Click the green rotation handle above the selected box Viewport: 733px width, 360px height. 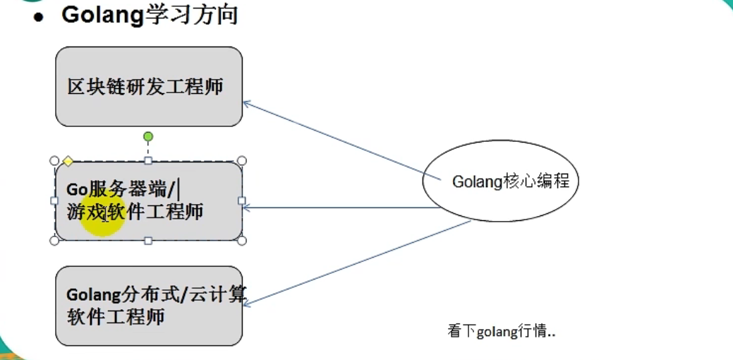coord(148,136)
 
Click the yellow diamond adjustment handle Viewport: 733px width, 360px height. coord(68,161)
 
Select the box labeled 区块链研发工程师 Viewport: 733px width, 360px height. coord(148,87)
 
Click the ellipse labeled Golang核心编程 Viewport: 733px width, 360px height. coord(500,181)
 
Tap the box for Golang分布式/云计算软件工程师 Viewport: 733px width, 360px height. coord(148,306)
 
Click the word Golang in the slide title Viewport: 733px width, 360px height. coord(103,15)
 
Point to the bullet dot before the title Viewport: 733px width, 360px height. coord(39,18)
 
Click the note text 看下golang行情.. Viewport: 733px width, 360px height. coord(501,331)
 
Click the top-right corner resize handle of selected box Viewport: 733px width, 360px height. coord(241,161)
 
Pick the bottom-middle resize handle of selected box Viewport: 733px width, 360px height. coord(148,241)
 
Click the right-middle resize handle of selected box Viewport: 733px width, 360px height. coord(241,200)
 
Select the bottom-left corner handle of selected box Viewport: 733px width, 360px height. coord(54,241)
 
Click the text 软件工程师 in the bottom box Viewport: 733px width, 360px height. coord(116,316)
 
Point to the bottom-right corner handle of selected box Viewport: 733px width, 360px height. coord(241,241)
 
